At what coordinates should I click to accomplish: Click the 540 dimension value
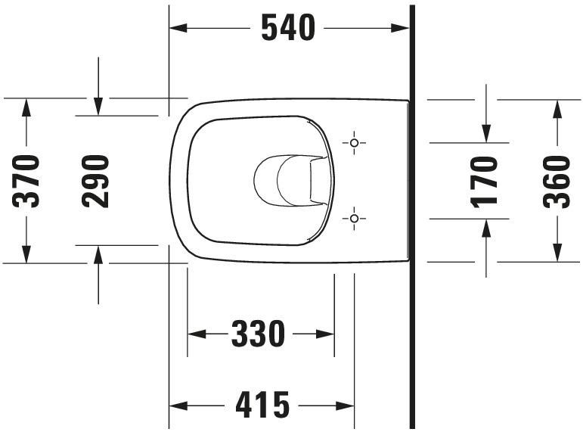[x=287, y=29]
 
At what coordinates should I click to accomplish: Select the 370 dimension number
[x=28, y=181]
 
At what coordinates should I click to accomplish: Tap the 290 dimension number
[x=97, y=181]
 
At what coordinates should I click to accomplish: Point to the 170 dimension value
[x=485, y=181]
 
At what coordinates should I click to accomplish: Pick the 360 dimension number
[x=557, y=181]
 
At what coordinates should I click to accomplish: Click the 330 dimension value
[x=258, y=334]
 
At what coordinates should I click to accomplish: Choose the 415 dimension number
[x=262, y=406]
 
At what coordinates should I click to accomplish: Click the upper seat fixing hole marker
[x=353, y=142]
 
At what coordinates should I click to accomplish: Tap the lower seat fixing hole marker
[x=353, y=219]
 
